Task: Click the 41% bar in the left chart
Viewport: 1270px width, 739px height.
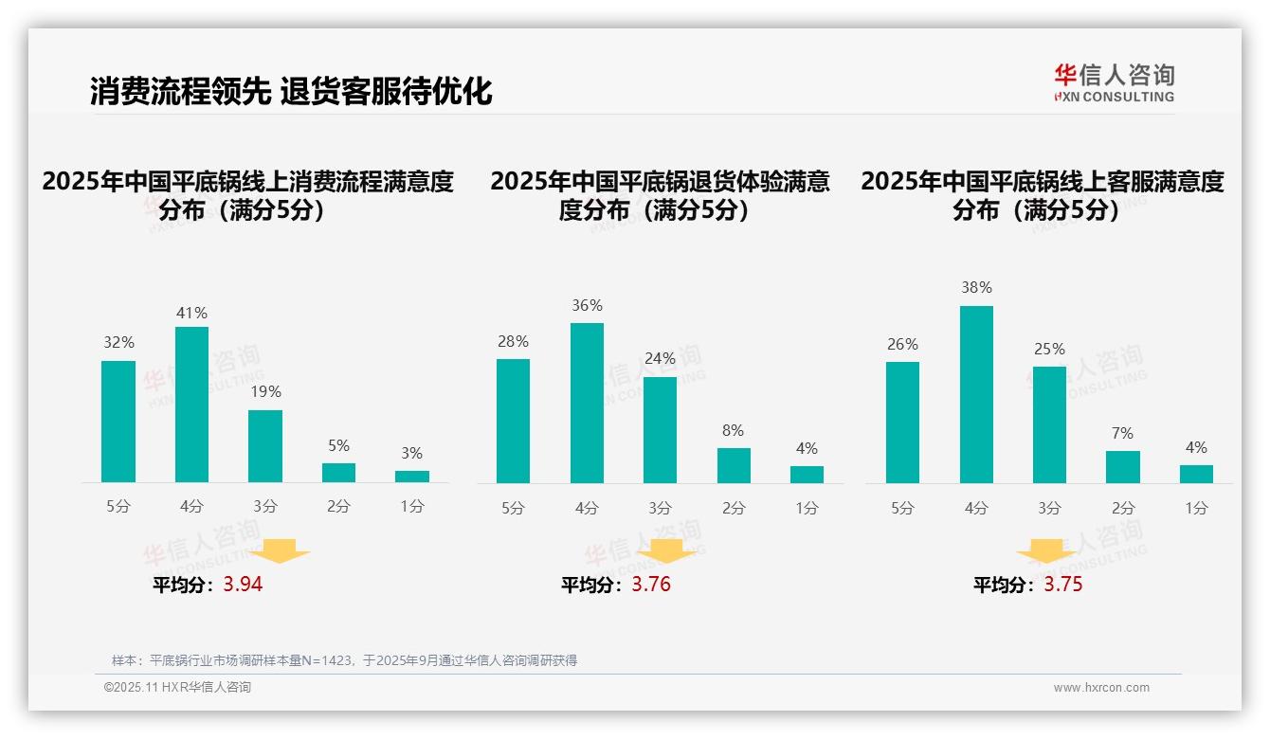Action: (192, 405)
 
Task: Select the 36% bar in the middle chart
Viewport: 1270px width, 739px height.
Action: (587, 403)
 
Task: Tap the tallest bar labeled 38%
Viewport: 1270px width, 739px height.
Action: (976, 394)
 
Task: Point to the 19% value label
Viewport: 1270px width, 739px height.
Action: (265, 391)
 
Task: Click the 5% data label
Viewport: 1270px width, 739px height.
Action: (338, 445)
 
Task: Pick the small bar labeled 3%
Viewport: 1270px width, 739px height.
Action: (412, 477)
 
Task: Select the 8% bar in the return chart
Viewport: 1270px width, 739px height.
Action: (734, 465)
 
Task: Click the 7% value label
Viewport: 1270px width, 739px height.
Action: (1122, 433)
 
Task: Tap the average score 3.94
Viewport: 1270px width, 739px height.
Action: (243, 585)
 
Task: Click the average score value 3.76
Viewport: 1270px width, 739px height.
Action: (651, 585)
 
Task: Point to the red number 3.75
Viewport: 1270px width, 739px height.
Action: (1063, 585)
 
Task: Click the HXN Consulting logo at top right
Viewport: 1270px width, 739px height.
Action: (1114, 82)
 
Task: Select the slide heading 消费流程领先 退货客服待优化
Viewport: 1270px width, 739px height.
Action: (291, 92)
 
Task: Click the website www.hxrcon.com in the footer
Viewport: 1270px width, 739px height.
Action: (1101, 688)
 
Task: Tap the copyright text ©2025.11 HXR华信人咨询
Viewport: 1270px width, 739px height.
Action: (177, 688)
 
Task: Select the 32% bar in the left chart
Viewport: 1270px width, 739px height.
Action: (118, 422)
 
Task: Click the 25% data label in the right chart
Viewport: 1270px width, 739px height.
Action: (1049, 349)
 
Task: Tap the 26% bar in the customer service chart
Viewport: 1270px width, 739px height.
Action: (902, 423)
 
